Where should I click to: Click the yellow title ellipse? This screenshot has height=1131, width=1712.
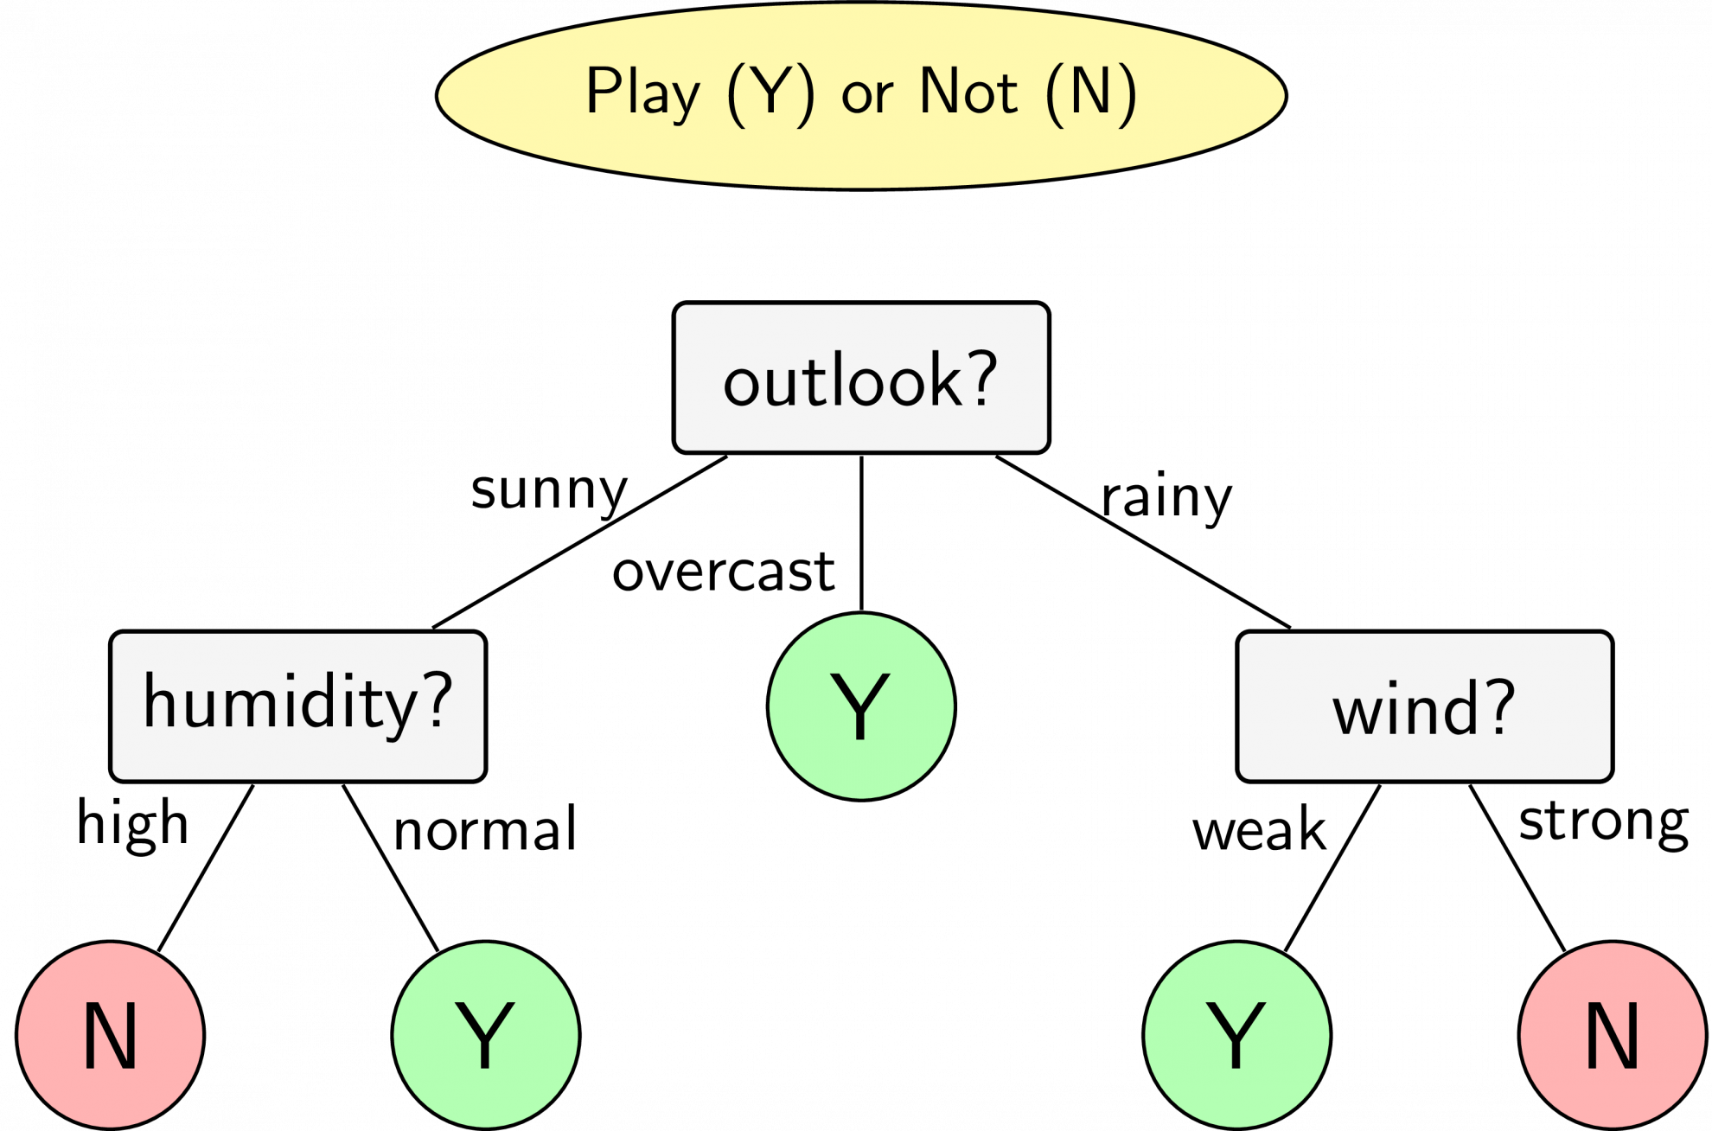[861, 95]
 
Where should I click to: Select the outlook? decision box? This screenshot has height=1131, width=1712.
[861, 378]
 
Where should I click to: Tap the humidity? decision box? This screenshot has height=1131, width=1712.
[298, 706]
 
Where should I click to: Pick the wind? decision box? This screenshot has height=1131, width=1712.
[1425, 706]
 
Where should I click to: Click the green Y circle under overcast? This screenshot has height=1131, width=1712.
[861, 706]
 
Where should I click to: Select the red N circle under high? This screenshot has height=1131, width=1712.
[111, 1035]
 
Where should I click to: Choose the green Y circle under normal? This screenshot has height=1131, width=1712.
[486, 1035]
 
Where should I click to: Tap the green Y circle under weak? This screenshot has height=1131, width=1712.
[1237, 1035]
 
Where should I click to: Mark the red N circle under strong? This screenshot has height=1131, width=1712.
[1613, 1035]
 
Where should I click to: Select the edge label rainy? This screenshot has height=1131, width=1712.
[1166, 498]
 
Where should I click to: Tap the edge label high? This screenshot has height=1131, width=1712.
[132, 823]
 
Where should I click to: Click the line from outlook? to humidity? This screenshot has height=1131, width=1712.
[579, 542]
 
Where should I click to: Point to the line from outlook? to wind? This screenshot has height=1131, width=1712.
[1143, 542]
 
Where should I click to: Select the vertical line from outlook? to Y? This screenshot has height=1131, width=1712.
[861, 534]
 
